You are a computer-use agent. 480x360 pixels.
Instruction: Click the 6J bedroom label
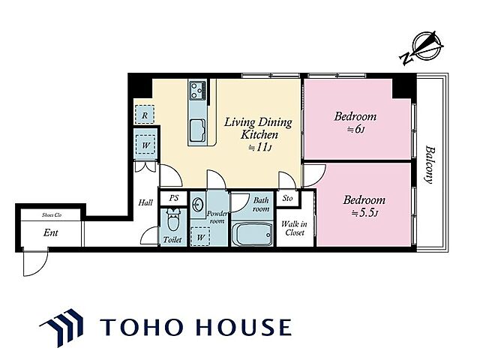355,122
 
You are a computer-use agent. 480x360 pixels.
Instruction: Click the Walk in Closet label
294,228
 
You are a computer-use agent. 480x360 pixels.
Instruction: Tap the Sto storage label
288,199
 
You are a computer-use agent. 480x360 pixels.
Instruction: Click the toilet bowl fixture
173,222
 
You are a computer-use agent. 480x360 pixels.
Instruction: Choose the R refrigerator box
145,114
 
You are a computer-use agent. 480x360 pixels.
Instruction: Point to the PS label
173,198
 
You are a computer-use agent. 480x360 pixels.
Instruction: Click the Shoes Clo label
52,214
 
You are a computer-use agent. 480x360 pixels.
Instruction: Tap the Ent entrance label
51,232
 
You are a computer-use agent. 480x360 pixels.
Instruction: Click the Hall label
145,202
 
